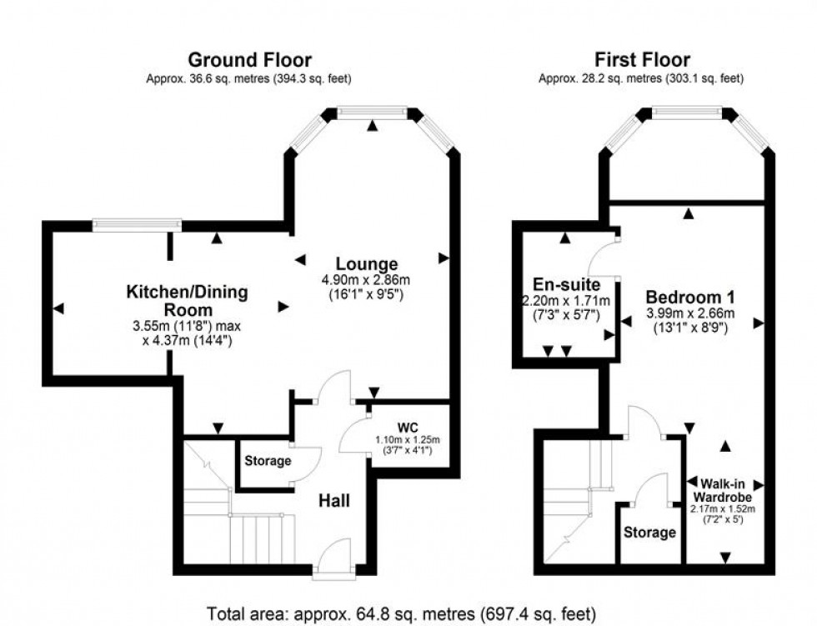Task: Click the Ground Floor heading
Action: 249,60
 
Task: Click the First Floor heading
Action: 641,60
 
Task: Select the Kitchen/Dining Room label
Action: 187,300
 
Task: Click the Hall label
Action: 334,501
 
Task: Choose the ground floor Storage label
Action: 268,461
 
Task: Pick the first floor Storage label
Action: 651,532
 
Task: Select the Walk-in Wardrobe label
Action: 723,490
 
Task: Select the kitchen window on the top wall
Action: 137,223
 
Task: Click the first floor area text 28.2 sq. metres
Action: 641,78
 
